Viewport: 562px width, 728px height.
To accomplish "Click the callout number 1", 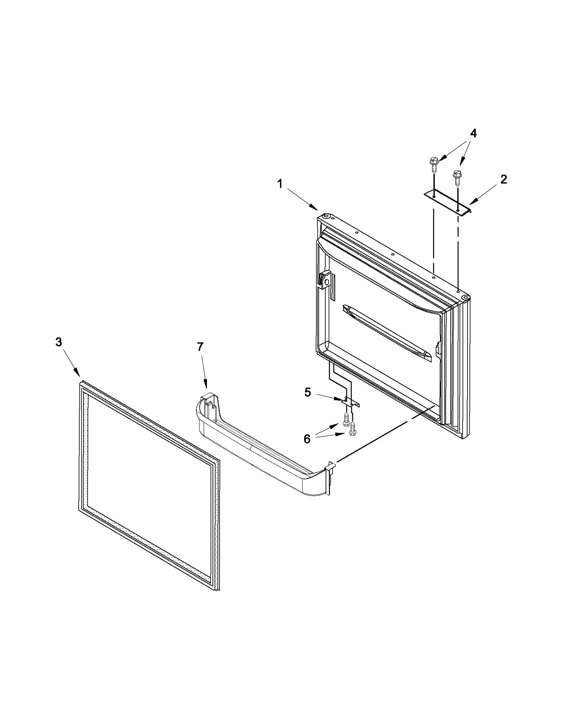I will tap(280, 184).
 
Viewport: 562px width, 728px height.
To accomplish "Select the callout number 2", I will tap(503, 180).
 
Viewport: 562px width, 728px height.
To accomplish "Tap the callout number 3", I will tap(59, 342).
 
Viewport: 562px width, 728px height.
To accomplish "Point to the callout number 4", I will tap(473, 134).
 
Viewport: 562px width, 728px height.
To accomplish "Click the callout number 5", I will tap(308, 392).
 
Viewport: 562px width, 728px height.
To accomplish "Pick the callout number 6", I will tap(307, 439).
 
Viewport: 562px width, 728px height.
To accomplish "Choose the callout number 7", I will tap(200, 347).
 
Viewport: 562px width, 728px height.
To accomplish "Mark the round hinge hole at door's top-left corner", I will tap(326, 216).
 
